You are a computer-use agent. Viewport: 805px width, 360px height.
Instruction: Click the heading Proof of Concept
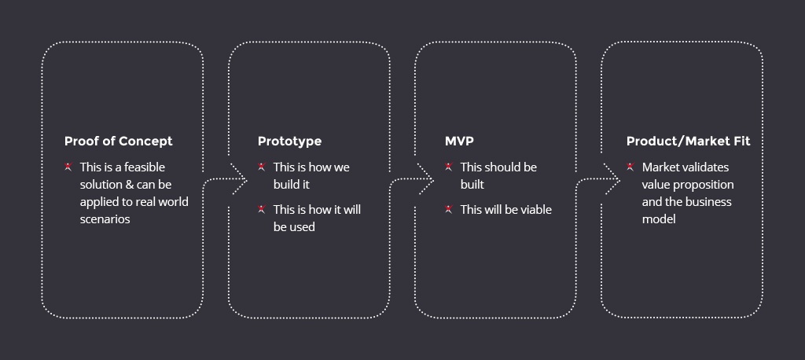pos(118,141)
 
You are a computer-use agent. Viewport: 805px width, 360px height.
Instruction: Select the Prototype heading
pos(289,141)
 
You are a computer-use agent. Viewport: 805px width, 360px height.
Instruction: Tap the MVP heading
pos(459,141)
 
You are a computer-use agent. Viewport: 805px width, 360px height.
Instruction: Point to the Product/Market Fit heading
pos(688,141)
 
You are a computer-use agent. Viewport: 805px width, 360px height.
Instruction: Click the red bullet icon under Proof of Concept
pos(68,167)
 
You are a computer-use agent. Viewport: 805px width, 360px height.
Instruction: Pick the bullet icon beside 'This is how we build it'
pos(262,167)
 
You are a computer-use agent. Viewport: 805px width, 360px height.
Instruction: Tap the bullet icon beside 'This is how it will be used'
pos(262,209)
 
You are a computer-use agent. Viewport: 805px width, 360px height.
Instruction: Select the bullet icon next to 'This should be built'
pos(448,167)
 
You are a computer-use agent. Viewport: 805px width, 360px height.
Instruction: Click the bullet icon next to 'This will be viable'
pos(448,209)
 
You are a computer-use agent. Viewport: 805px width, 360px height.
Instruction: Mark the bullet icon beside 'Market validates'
pos(630,167)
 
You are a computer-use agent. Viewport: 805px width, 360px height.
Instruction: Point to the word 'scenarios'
pos(105,219)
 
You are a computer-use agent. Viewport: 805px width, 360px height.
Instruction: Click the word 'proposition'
pos(702,185)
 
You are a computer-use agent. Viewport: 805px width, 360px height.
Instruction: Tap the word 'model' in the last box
pos(659,219)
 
